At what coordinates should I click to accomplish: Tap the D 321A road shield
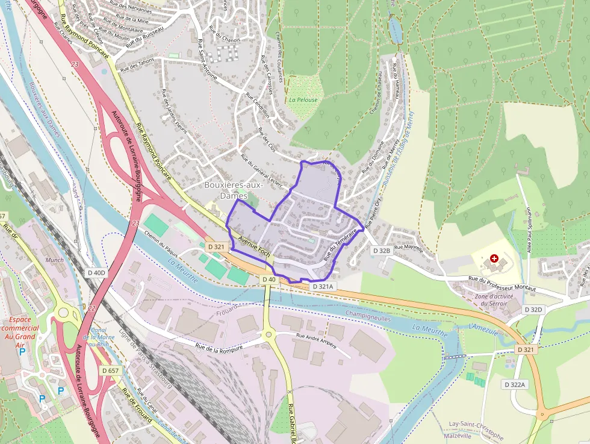(x=323, y=287)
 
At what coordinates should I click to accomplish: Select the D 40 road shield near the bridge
(x=269, y=279)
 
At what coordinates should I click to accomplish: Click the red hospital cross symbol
(x=494, y=258)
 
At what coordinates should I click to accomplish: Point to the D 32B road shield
(x=382, y=250)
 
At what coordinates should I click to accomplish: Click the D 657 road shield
(x=110, y=371)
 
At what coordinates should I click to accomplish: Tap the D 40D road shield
(x=95, y=273)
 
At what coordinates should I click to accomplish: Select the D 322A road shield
(x=515, y=384)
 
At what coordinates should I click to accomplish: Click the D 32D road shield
(x=533, y=309)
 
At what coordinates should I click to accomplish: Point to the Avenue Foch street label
(x=254, y=247)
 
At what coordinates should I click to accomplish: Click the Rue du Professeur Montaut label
(x=502, y=283)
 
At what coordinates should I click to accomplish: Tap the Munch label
(x=54, y=260)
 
